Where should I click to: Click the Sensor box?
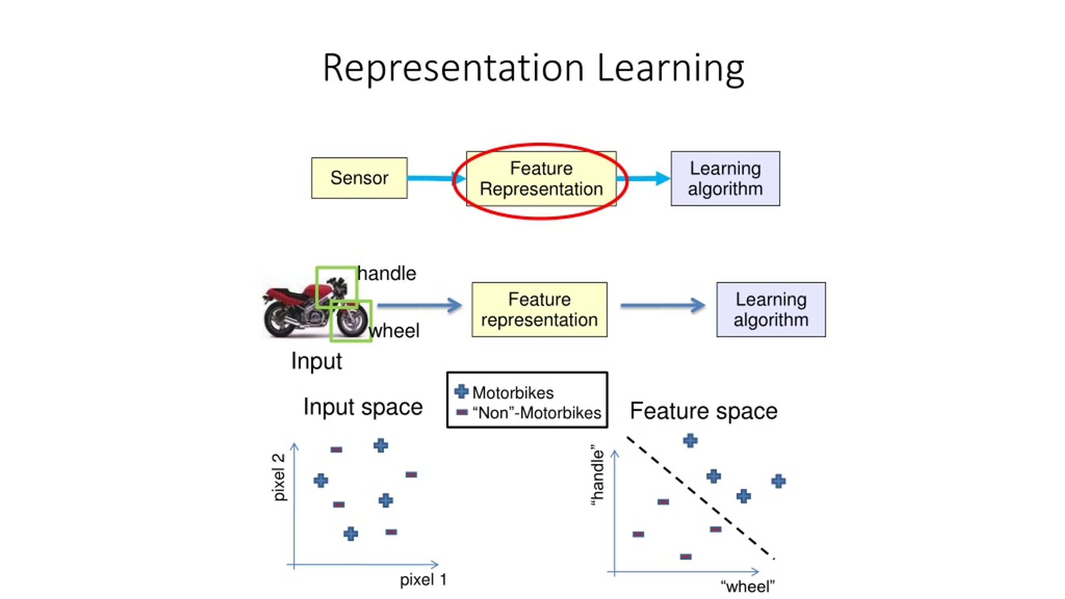tap(359, 178)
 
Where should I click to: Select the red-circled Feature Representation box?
tap(541, 178)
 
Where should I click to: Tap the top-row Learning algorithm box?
tap(725, 178)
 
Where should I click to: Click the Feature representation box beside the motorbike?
tap(539, 309)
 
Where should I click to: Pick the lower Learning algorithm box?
tap(771, 309)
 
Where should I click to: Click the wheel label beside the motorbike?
tap(394, 331)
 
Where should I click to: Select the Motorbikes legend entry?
tap(513, 393)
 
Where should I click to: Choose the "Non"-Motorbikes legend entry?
tap(537, 413)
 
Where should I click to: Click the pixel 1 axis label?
tap(423, 580)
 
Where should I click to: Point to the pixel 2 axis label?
tap(279, 477)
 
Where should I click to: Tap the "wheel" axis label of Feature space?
tap(748, 587)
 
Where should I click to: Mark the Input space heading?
tap(363, 407)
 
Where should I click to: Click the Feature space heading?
tap(703, 411)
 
